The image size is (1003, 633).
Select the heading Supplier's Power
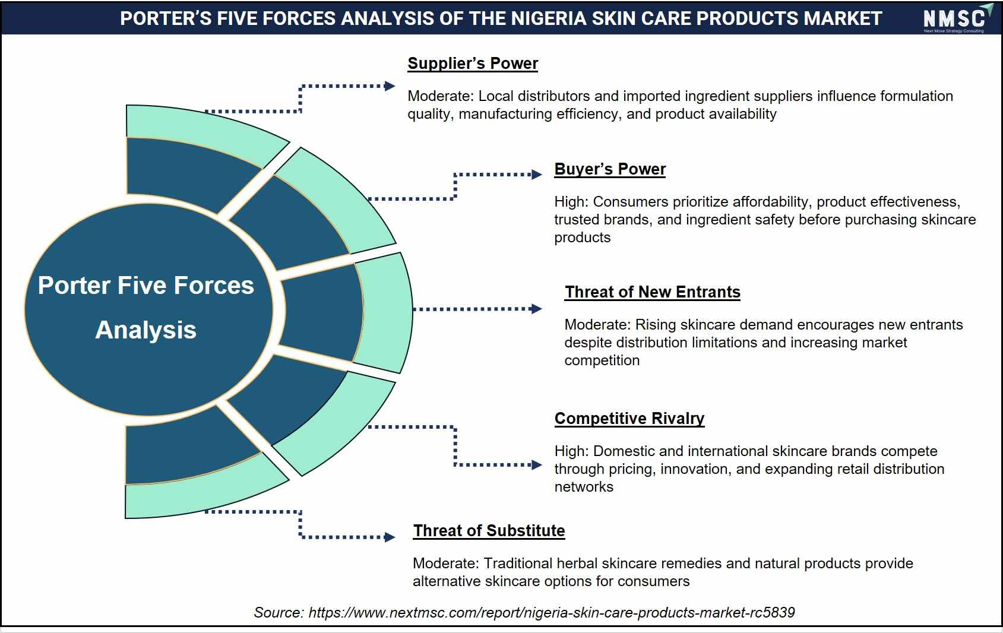tap(472, 64)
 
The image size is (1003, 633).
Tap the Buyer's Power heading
tap(610, 169)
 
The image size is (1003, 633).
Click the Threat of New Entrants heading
tap(653, 292)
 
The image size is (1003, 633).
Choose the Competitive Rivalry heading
tap(629, 419)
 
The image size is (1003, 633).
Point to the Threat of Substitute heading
tap(489, 530)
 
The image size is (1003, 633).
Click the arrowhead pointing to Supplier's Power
tap(390, 86)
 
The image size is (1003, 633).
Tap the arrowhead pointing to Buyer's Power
tap(536, 175)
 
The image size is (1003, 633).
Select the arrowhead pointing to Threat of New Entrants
tap(536, 309)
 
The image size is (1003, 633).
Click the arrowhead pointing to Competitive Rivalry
tap(536, 465)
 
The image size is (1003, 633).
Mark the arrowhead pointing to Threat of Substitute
tap(390, 537)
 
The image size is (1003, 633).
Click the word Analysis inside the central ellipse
tap(146, 330)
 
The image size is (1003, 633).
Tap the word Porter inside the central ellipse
tap(74, 286)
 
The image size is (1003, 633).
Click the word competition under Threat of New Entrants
tap(602, 361)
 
